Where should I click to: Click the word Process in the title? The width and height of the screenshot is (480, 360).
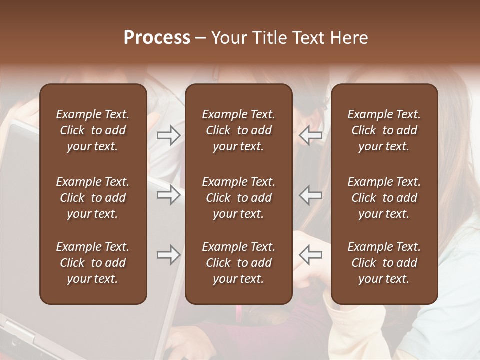click(x=157, y=38)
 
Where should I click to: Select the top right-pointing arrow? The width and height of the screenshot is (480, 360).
click(x=168, y=135)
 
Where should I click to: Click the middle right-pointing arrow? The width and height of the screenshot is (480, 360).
click(x=168, y=195)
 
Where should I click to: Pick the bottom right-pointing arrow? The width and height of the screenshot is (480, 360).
click(x=168, y=255)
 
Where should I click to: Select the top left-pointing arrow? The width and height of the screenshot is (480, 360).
click(x=311, y=135)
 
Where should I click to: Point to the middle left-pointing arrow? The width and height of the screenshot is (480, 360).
click(x=311, y=195)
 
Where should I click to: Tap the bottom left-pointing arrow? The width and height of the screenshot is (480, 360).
click(x=311, y=255)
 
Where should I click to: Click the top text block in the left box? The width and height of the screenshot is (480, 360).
click(x=93, y=130)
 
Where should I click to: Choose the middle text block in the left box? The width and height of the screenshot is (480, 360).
click(x=93, y=198)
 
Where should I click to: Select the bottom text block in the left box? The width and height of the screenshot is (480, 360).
click(x=93, y=263)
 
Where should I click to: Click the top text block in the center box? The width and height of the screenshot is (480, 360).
click(x=238, y=130)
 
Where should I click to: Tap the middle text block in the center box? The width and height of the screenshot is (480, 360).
click(x=238, y=198)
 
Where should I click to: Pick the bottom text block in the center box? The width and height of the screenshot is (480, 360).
click(x=238, y=263)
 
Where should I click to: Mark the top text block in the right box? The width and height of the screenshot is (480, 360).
click(x=384, y=130)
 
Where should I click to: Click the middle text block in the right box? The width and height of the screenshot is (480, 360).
click(x=384, y=198)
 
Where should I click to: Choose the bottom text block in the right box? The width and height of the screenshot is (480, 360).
click(x=384, y=263)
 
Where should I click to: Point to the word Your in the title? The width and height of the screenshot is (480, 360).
click(x=227, y=38)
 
